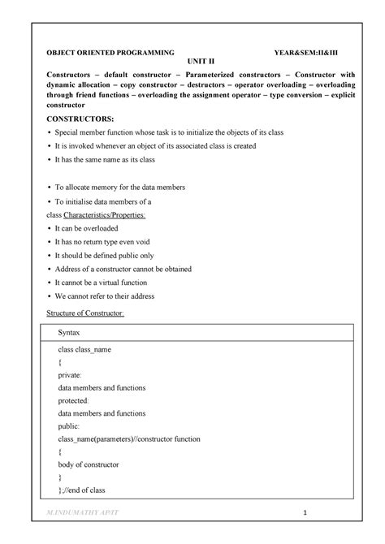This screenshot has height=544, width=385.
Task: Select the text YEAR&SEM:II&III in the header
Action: coord(309,52)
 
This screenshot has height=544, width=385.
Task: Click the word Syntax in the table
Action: coord(70,334)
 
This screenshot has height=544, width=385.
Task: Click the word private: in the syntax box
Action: coord(70,377)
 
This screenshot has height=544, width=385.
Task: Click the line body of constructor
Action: coord(89,464)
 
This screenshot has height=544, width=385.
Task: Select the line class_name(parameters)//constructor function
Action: coord(128,438)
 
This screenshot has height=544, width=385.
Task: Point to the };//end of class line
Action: coord(81,490)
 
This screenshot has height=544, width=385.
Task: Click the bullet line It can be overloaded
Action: coord(95,229)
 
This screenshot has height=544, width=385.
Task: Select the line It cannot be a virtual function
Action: coord(110,282)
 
